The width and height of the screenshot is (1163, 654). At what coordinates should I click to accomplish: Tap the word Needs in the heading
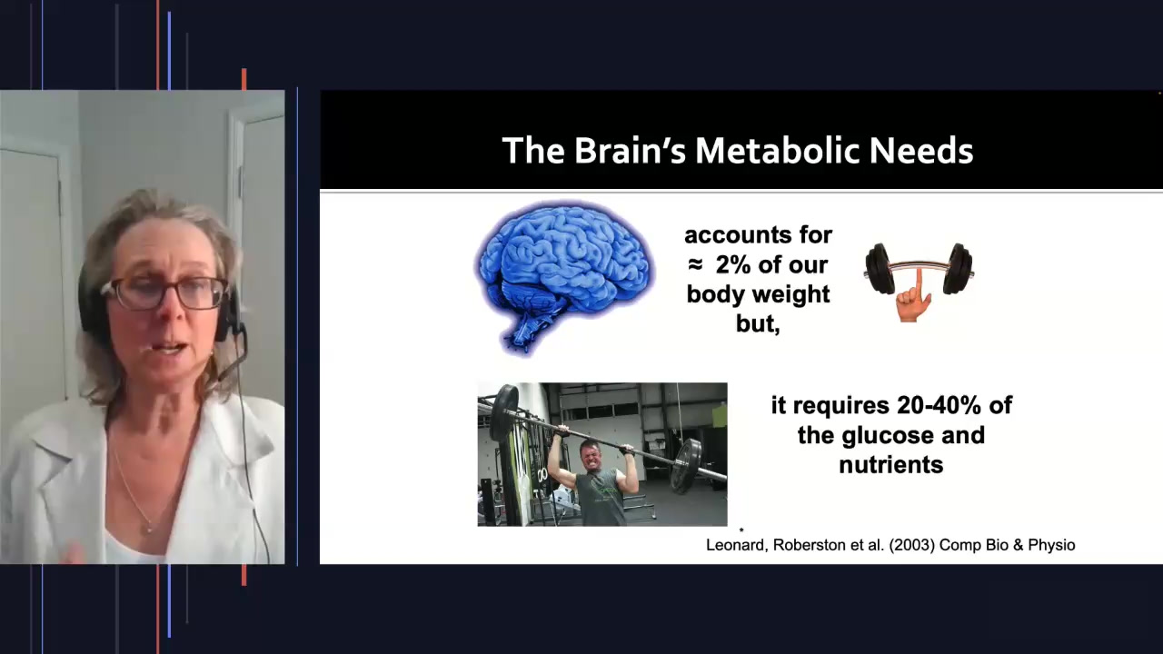(920, 151)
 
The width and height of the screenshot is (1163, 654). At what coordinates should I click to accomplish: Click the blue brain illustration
(564, 273)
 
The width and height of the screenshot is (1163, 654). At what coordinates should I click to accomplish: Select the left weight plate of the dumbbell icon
(878, 269)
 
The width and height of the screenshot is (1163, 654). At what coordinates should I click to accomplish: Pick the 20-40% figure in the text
(937, 405)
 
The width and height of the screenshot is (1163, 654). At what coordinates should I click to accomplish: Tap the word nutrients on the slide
(890, 465)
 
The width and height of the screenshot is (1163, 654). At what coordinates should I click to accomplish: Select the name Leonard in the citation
(737, 545)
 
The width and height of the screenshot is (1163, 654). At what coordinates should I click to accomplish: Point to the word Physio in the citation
(1051, 545)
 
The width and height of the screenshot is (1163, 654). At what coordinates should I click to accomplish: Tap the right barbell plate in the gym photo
(688, 464)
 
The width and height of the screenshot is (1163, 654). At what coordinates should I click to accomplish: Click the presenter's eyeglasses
(165, 292)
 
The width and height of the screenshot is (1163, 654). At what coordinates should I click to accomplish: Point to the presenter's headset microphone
(145, 348)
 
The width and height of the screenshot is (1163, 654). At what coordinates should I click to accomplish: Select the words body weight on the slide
(758, 294)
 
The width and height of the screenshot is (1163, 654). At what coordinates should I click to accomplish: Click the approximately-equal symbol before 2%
(695, 265)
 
